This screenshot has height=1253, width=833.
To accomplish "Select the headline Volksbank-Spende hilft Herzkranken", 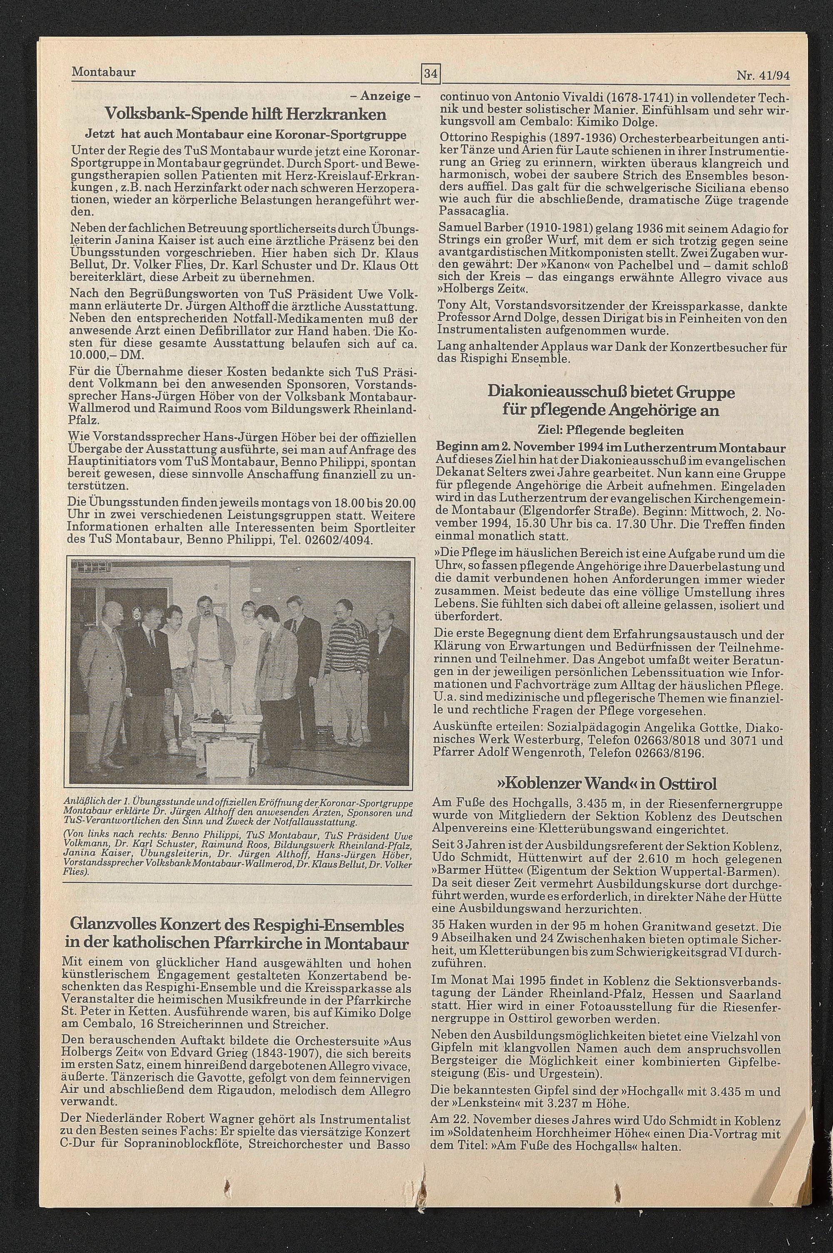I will (245, 114).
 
